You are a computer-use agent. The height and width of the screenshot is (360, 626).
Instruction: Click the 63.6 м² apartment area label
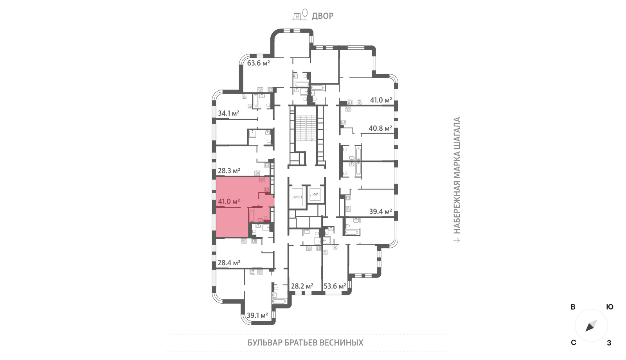coord(258,63)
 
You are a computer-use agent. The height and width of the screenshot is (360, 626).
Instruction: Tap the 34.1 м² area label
coord(228,113)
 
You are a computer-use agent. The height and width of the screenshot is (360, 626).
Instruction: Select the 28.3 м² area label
coord(229,171)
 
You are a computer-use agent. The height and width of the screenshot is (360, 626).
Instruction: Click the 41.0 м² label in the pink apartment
coord(229,201)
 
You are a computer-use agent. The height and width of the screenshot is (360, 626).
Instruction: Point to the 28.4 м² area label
coord(229,263)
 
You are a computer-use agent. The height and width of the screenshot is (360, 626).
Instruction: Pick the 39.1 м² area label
coord(257,315)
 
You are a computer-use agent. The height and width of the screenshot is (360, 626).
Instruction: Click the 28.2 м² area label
coord(302,286)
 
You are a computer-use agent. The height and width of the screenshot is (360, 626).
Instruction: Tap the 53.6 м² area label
coord(335,286)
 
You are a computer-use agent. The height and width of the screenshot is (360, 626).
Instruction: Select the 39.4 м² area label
coord(380,212)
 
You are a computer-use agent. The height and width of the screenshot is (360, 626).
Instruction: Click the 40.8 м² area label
coord(380,128)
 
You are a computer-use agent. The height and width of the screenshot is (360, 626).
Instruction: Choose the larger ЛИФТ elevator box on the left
coord(297,197)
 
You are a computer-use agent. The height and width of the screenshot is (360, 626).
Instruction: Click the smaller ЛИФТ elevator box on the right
coord(315,194)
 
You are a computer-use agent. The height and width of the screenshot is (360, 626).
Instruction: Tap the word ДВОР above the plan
coord(322,16)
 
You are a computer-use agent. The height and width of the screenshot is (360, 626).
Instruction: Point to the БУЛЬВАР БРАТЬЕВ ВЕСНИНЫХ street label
coord(305,343)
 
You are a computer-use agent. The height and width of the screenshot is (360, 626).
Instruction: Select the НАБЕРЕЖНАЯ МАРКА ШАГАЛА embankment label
coord(456,175)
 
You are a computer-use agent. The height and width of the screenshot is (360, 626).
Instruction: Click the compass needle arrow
coord(591,326)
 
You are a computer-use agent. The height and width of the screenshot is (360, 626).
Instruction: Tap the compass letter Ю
coord(610,307)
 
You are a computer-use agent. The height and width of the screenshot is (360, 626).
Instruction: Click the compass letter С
coord(574,343)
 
